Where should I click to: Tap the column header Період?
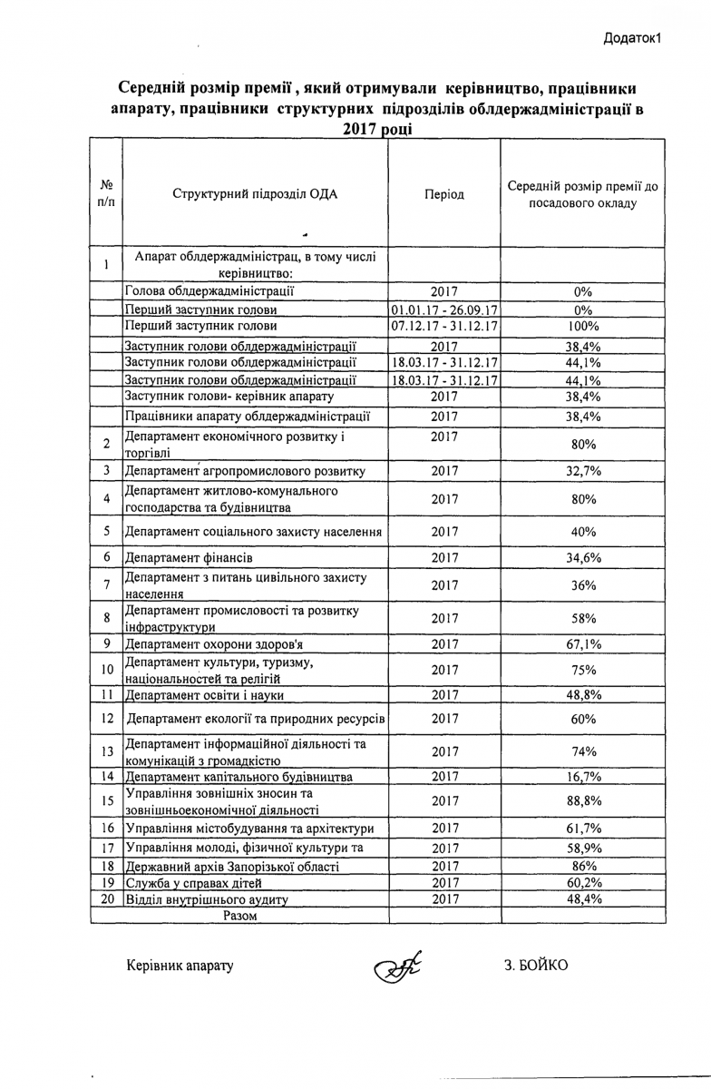coord(444,194)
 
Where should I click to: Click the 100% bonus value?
coord(583,326)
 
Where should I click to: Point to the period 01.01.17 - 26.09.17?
coord(444,309)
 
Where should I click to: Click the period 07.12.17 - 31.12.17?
coord(444,326)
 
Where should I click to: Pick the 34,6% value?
coord(583,557)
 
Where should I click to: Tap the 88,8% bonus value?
coord(583,801)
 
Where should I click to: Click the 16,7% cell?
coord(583,777)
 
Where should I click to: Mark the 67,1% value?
coord(583,644)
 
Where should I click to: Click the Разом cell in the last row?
coord(240,916)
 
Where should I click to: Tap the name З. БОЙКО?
coord(537,965)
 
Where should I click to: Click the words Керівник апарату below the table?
coord(180,965)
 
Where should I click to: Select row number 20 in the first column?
coord(106,898)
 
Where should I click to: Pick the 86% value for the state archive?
coord(583,867)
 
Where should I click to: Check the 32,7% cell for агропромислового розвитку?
coord(583,471)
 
